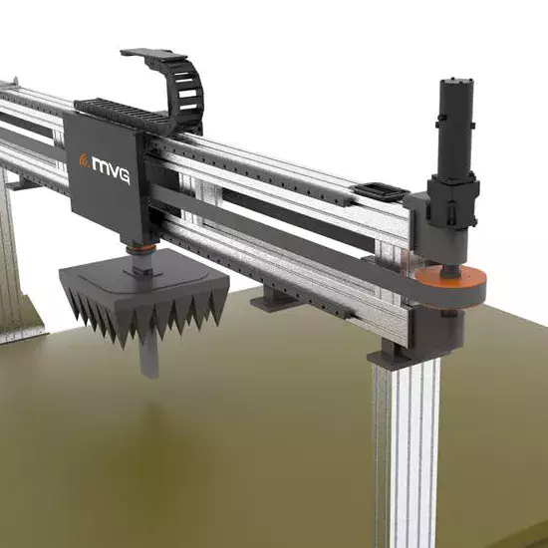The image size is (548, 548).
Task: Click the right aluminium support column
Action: click(409, 448)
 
